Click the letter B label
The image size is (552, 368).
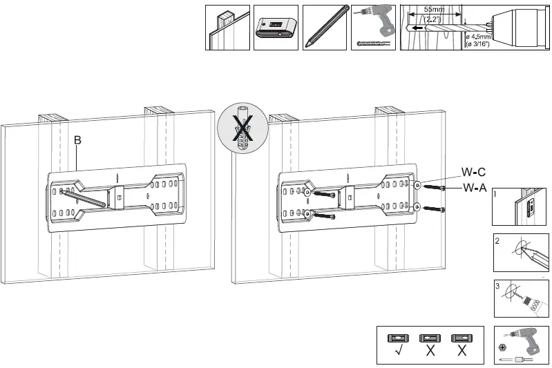78,140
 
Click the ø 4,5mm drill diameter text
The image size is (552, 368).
477,37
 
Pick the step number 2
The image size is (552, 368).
497,242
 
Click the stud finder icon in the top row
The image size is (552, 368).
276,28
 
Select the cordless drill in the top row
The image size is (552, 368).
373,20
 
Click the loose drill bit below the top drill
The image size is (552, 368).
373,43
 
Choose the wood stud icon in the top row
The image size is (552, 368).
227,28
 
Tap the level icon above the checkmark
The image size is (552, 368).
399,338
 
